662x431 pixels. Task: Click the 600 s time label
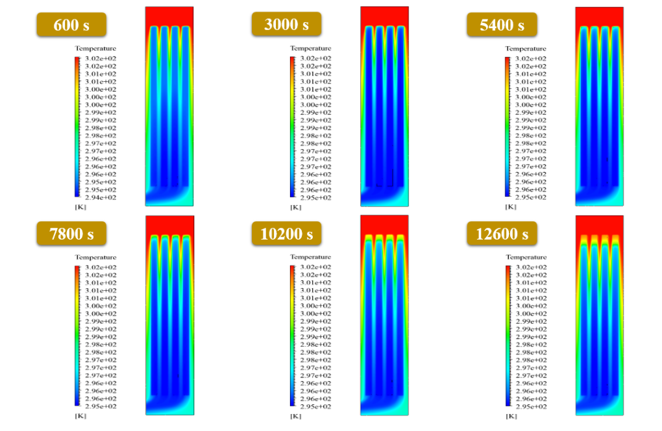click(x=71, y=25)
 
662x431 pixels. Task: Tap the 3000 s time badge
click(x=286, y=24)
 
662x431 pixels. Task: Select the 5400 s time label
click(x=502, y=25)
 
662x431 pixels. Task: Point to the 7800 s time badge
click(x=71, y=233)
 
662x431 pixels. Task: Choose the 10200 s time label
click(x=286, y=233)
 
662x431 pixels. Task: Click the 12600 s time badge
click(x=502, y=233)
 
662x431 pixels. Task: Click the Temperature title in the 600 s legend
click(x=95, y=48)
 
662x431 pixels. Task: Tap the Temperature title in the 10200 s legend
click(x=310, y=256)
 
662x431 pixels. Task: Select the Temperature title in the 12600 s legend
click(x=526, y=256)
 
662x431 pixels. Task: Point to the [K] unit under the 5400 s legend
click(x=510, y=206)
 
